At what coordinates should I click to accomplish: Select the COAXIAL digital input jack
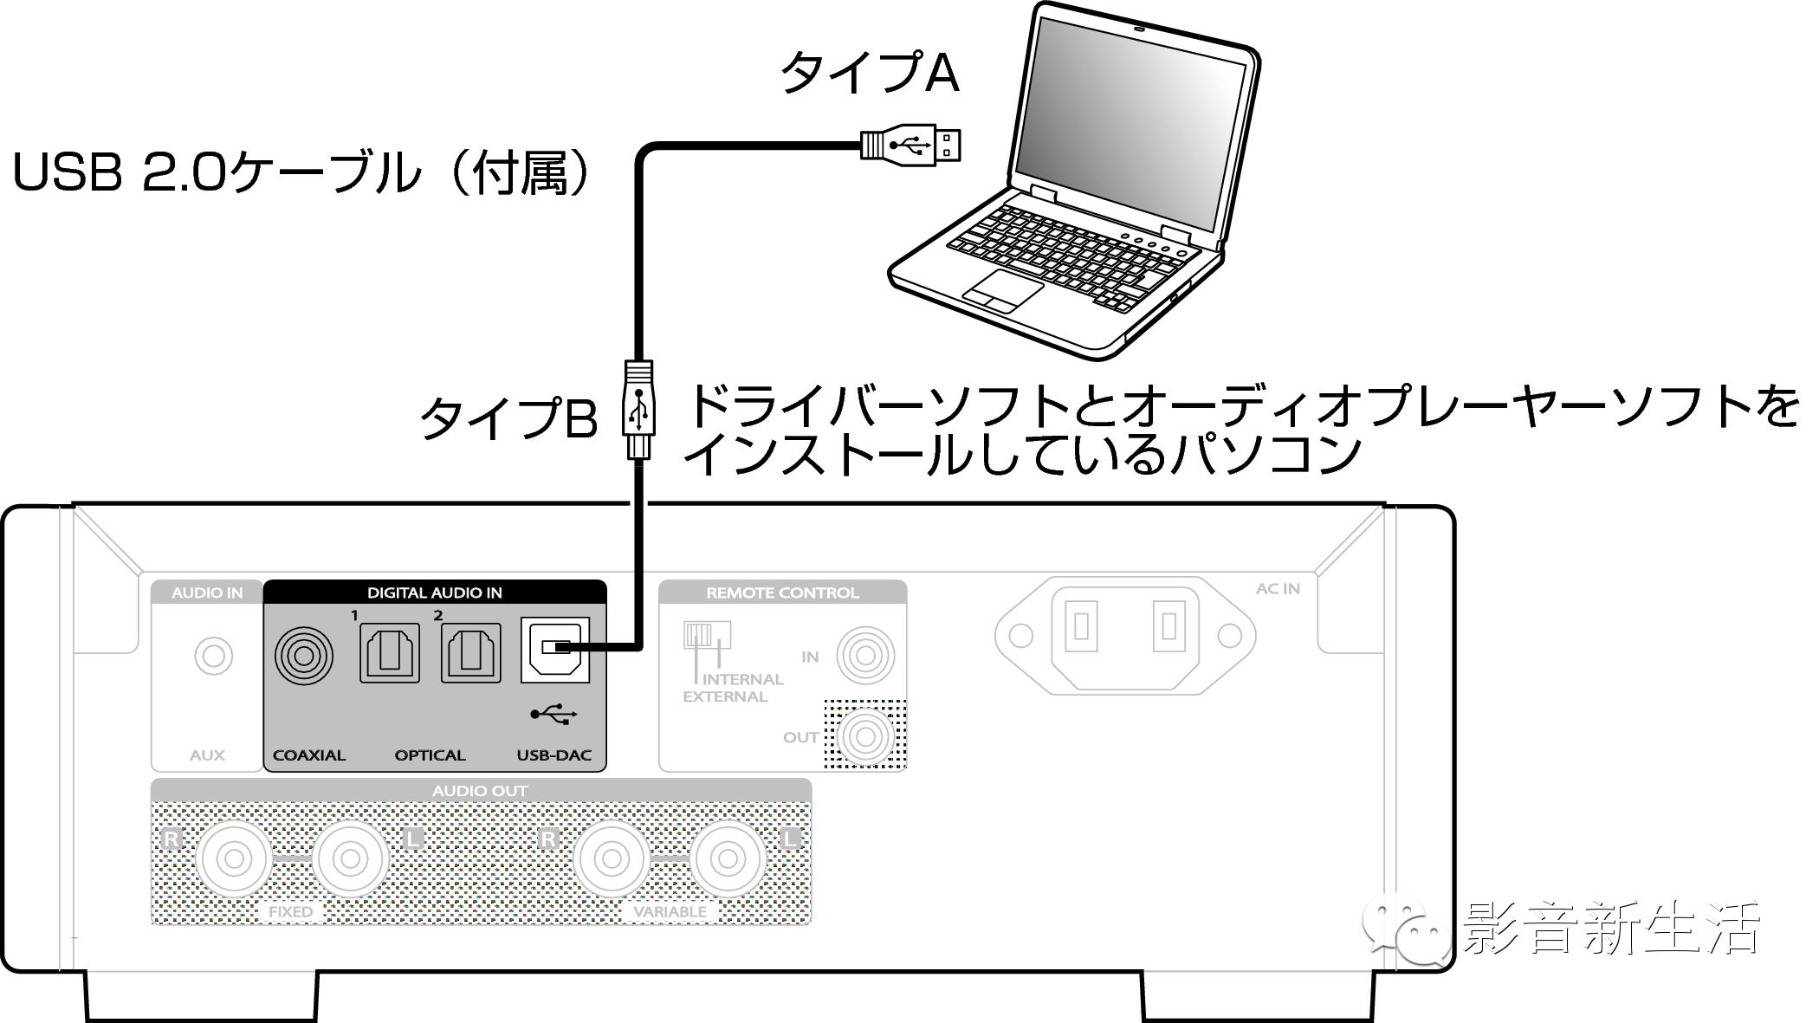tap(303, 656)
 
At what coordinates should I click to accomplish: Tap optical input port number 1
tap(390, 653)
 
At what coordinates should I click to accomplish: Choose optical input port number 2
tap(470, 653)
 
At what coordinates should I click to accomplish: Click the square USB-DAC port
tap(554, 650)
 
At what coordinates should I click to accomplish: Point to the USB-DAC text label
tap(553, 755)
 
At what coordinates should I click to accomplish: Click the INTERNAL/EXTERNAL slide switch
tap(707, 635)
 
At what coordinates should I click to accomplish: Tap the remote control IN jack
tap(864, 656)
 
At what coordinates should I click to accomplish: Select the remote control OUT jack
tap(864, 737)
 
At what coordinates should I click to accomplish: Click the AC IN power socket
tap(1125, 636)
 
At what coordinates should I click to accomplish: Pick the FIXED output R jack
tap(234, 859)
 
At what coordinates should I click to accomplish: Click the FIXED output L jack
tap(350, 859)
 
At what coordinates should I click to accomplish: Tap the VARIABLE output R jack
tap(612, 859)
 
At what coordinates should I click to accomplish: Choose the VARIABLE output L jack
tap(728, 859)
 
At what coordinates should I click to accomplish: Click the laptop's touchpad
tap(1002, 290)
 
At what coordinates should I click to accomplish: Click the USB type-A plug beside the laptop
tap(910, 145)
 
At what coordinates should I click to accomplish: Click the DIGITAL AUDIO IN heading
tap(435, 593)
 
